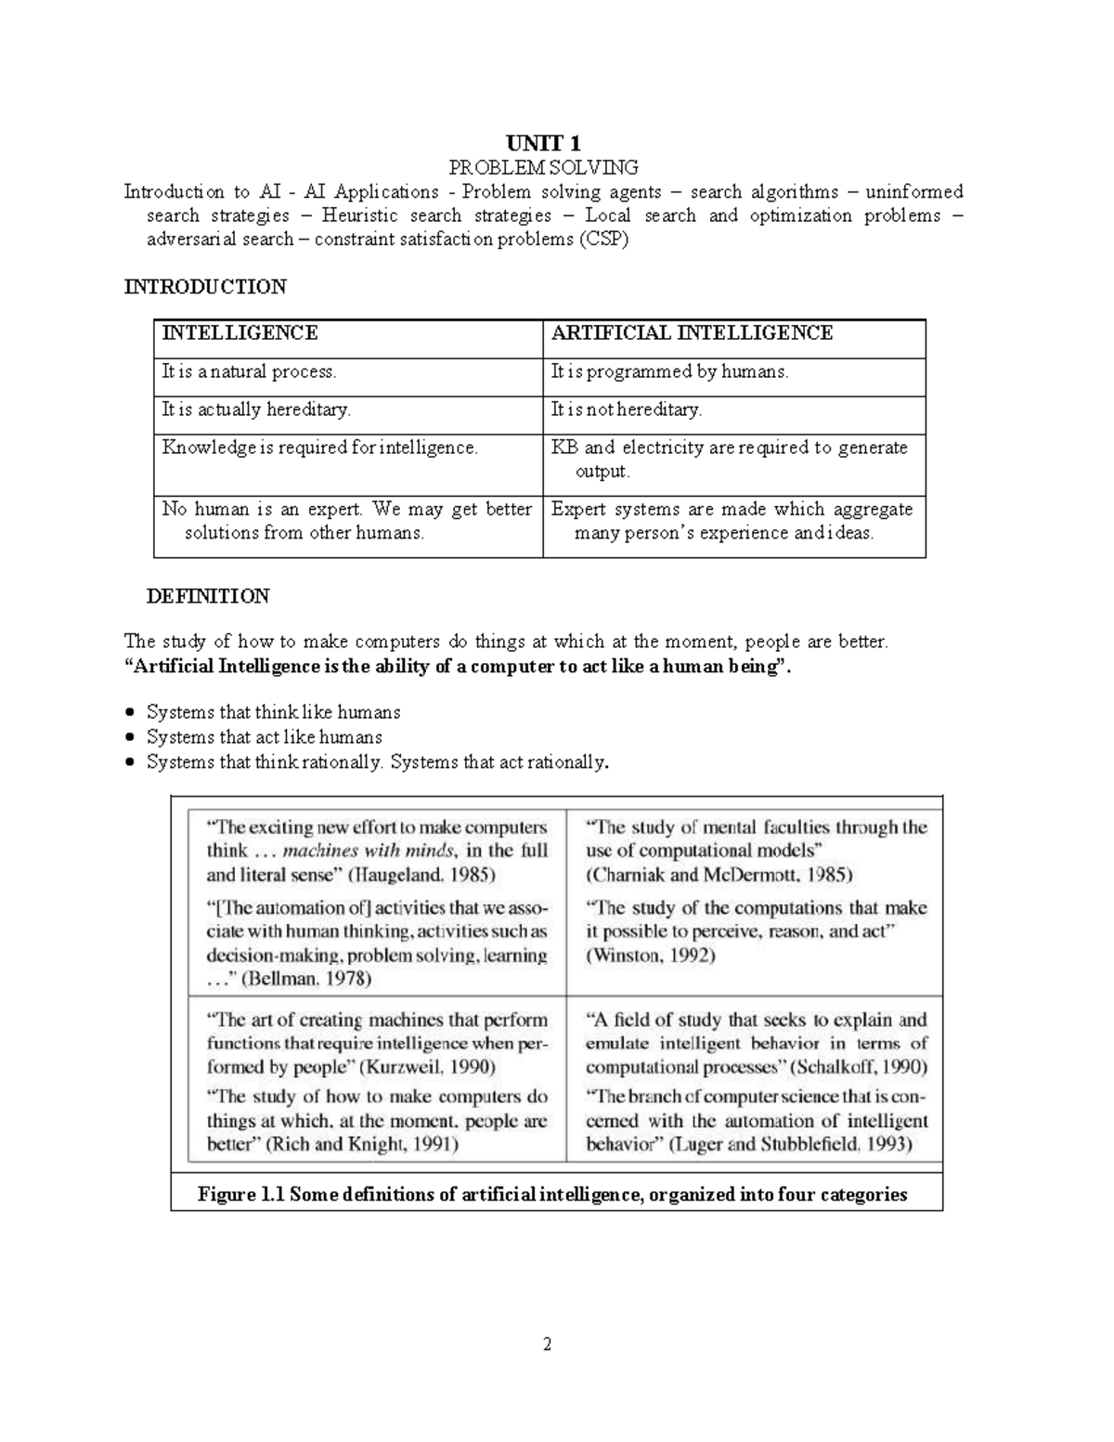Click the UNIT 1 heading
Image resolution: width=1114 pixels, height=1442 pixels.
544,143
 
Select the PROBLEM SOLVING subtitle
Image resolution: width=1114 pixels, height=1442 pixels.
544,168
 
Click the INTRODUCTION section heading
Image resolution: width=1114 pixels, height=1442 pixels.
205,287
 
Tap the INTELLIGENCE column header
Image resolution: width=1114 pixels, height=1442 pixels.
240,333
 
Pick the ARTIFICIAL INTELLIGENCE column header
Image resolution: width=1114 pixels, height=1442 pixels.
692,333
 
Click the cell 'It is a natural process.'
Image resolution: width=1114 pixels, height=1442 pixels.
249,372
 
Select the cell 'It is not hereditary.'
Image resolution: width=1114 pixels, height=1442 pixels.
627,409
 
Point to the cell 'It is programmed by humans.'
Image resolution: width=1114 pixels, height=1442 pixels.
669,372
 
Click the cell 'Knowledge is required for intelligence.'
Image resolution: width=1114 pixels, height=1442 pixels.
320,448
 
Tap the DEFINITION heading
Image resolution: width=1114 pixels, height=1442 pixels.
208,596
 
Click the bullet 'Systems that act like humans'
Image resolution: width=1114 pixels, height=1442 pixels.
265,737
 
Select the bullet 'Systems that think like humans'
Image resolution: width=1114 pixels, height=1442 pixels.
274,712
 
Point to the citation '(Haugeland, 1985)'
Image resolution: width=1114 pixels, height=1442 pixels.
422,875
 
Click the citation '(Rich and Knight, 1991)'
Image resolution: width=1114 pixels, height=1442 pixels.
362,1145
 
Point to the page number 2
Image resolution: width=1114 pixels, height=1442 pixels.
548,1345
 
